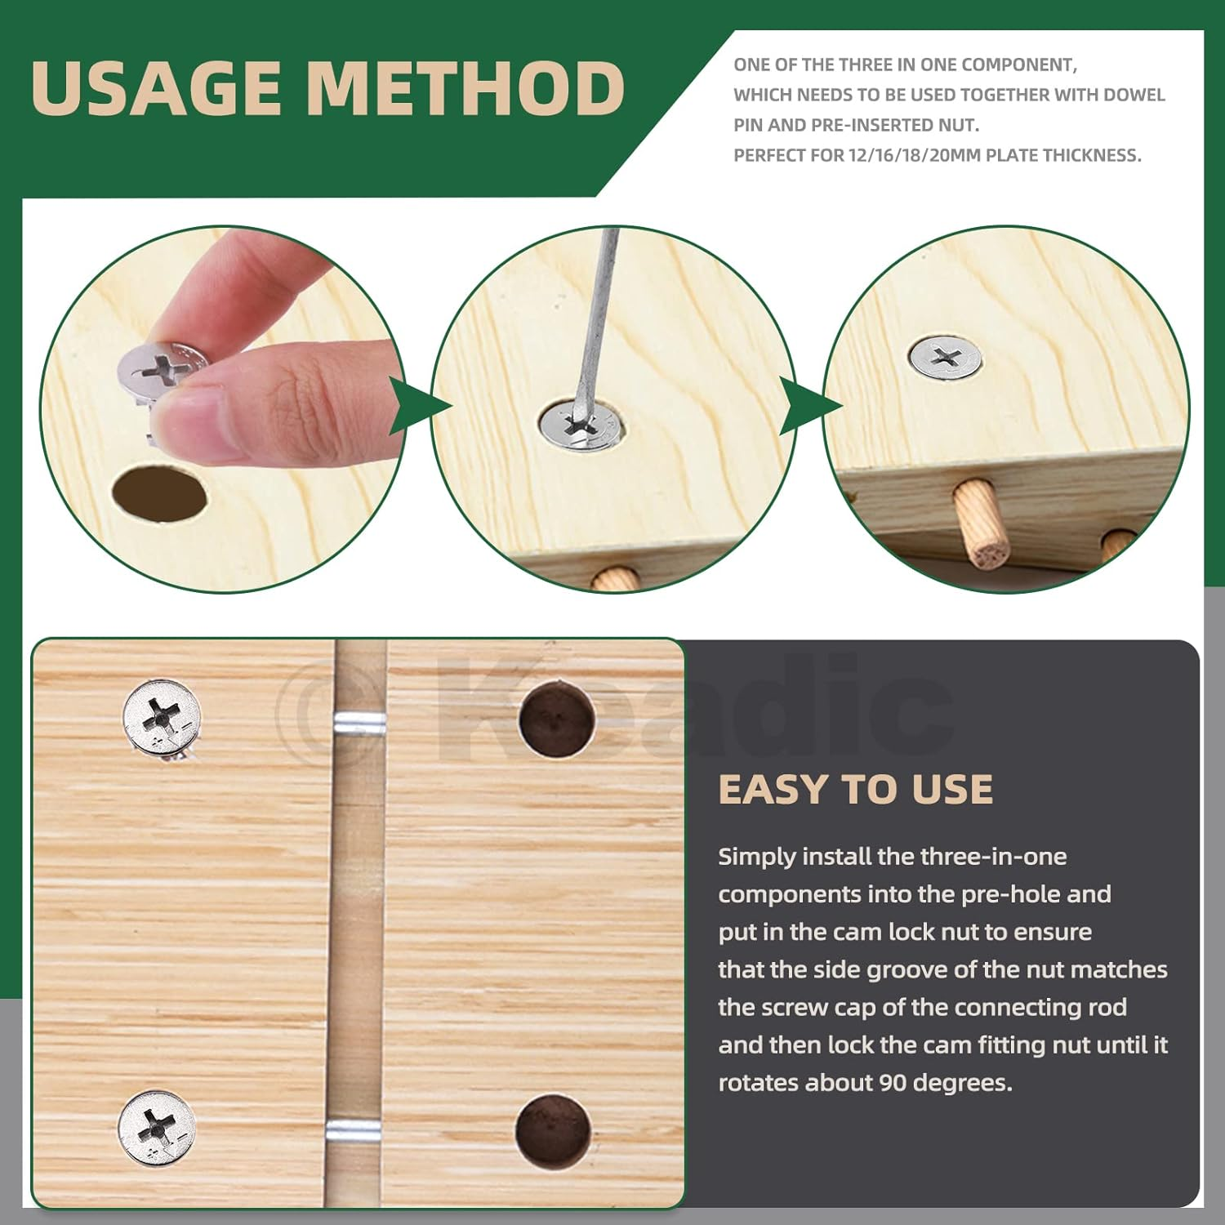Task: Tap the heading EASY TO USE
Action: point(855,790)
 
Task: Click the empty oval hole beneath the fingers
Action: point(159,492)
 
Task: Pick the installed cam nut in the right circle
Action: point(945,357)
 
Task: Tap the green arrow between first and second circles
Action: point(419,406)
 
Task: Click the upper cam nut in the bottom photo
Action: point(162,717)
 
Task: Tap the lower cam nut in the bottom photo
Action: point(157,1128)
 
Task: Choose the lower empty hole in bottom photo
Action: point(552,1130)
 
